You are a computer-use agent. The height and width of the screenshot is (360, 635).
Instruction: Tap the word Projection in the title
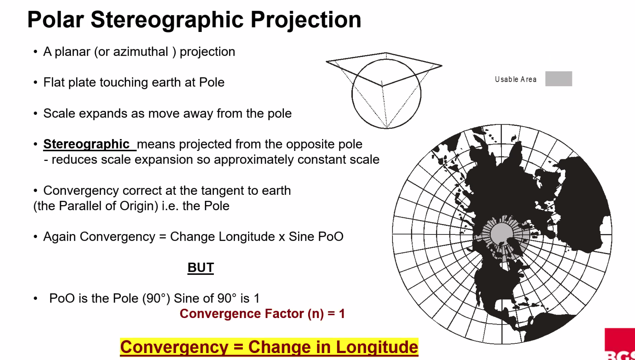coord(306,20)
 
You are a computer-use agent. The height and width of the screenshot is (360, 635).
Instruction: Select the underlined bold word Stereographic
coord(86,144)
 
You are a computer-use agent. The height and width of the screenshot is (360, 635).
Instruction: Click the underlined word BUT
coord(201,268)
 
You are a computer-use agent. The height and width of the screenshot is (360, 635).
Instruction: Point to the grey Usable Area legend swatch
coord(559,79)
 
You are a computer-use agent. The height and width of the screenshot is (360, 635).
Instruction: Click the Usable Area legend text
coord(516,79)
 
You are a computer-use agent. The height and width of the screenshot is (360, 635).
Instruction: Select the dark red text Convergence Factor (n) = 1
coord(262,314)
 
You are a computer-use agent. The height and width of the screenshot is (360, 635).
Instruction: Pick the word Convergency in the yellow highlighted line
coord(174,347)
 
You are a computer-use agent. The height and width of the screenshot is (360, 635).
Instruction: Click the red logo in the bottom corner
coord(620,344)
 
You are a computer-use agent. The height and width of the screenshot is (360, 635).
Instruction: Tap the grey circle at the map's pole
coord(502,234)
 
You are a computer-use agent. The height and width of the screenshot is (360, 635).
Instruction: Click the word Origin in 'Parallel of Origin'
coord(139,206)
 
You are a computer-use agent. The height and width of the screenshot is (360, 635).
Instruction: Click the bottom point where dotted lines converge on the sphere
coord(386,128)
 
